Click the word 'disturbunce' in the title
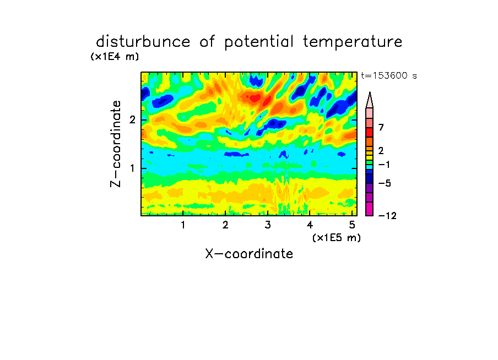(x=143, y=42)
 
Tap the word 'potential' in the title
(x=259, y=42)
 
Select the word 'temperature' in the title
(x=353, y=42)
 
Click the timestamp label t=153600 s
(x=389, y=75)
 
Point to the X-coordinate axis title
(x=249, y=254)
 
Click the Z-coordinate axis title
(x=116, y=144)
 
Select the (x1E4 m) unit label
(x=115, y=57)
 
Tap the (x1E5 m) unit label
(x=337, y=237)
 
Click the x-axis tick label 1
(x=183, y=225)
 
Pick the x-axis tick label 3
(x=268, y=225)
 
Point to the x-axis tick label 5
(x=352, y=225)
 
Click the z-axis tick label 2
(x=132, y=120)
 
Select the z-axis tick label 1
(x=132, y=168)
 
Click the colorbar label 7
(x=381, y=128)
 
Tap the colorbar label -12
(x=387, y=216)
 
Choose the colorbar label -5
(x=385, y=183)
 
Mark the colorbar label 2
(x=381, y=151)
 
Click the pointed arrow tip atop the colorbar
(x=370, y=92)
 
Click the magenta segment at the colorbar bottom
(x=370, y=209)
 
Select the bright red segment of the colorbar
(x=370, y=132)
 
